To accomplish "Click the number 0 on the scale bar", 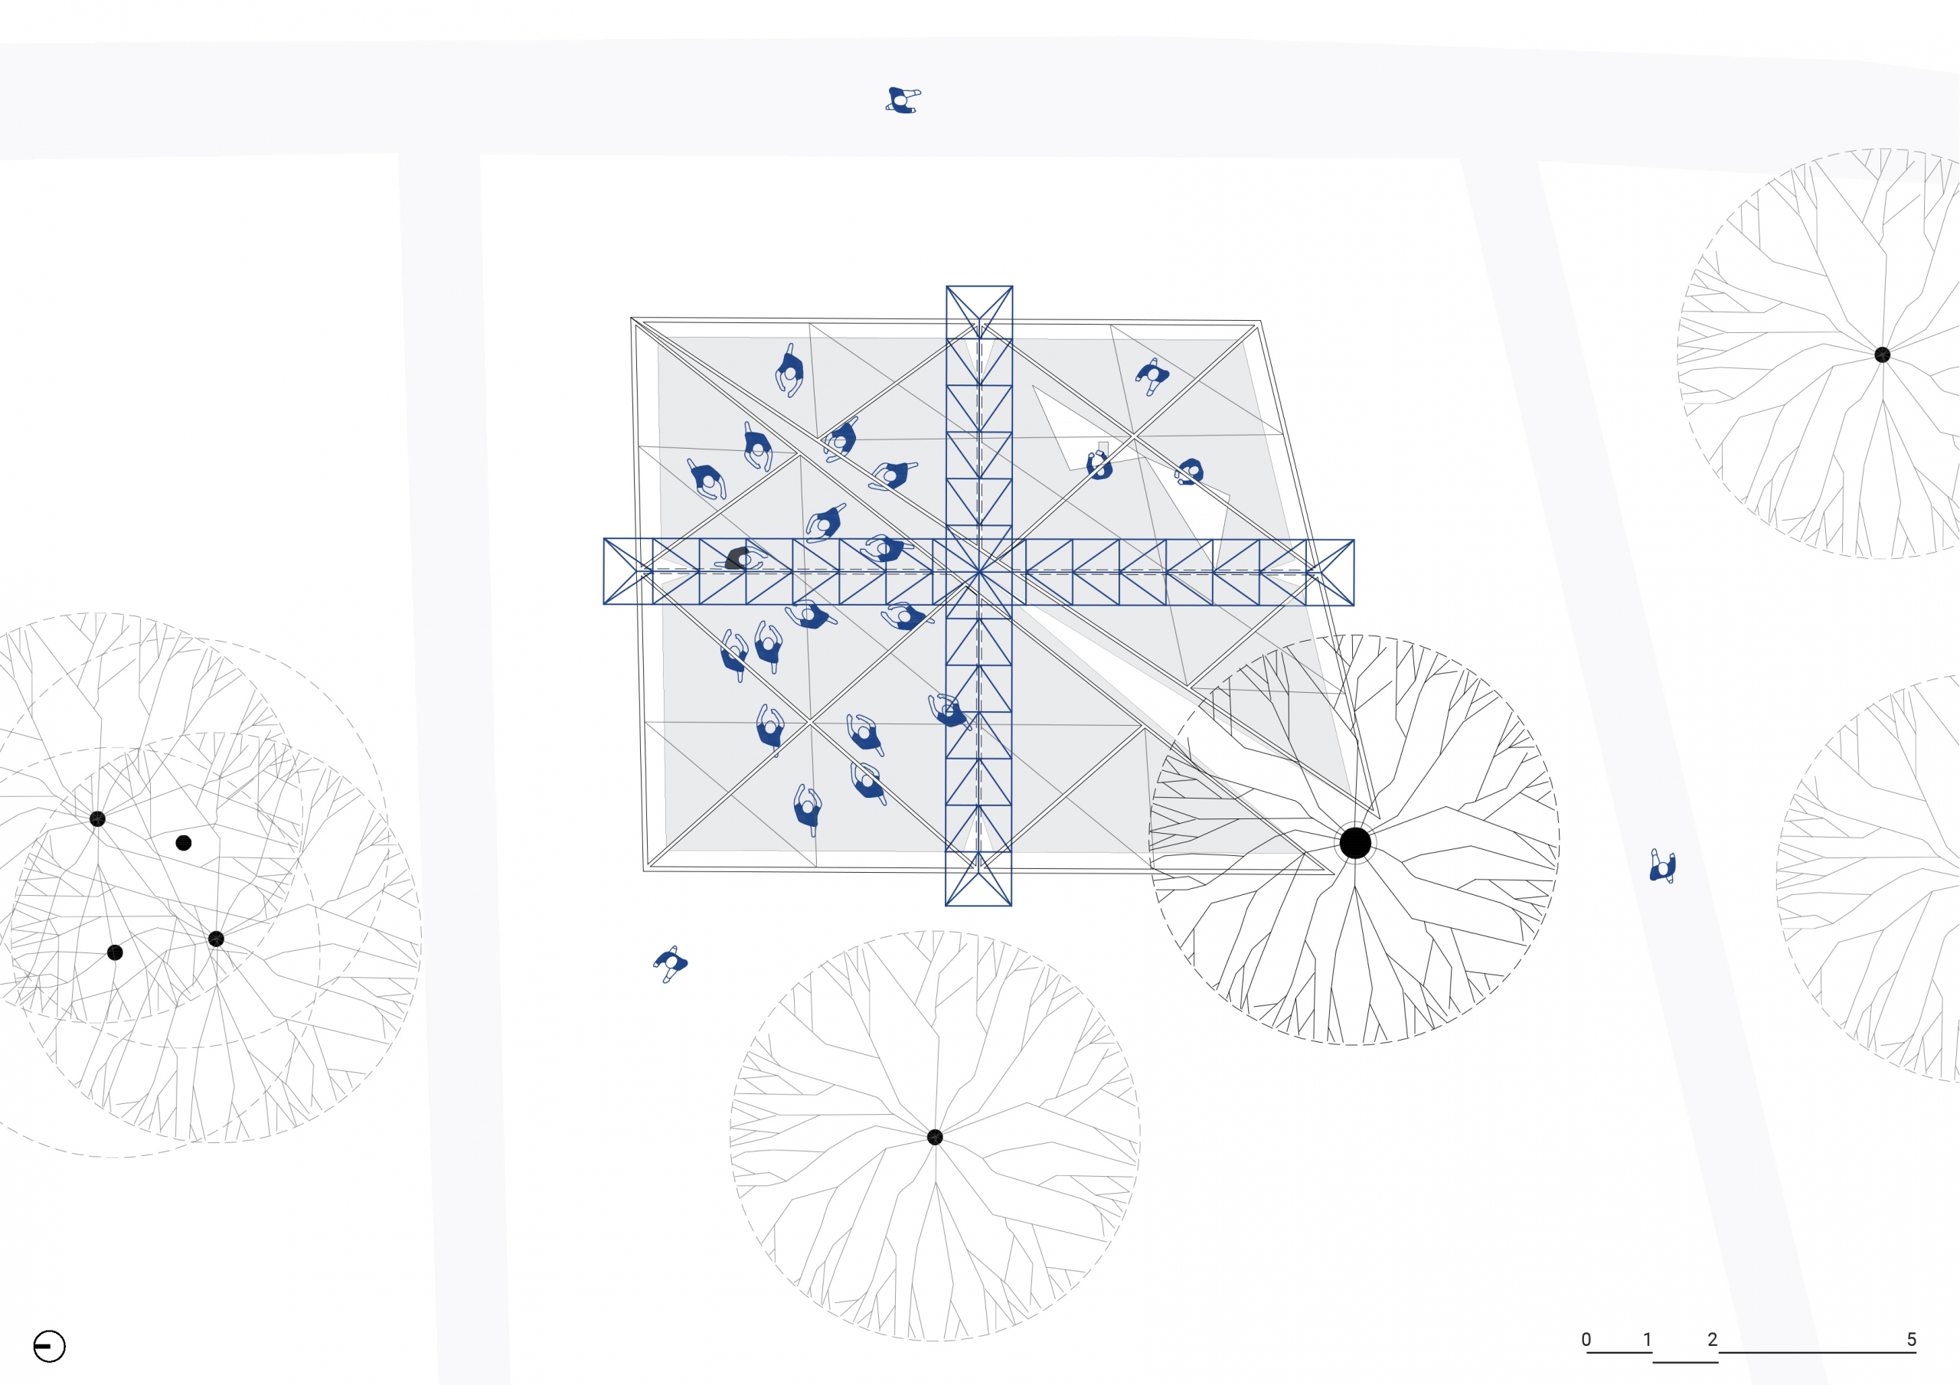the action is coord(1586,1339).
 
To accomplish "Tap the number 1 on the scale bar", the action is coord(1648,1339).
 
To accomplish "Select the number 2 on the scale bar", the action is coord(1713,1339).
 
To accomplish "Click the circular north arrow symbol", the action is coord(50,1347).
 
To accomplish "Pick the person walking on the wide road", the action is coord(901,100).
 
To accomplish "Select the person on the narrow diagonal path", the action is coord(1663,867).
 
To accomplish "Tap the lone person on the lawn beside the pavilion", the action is coord(671,963).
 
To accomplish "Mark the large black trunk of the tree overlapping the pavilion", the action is coord(1354,843).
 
